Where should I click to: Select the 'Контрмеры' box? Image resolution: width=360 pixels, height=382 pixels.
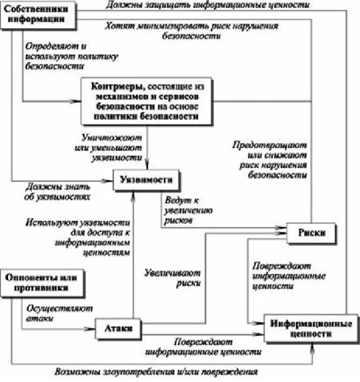tap(148, 101)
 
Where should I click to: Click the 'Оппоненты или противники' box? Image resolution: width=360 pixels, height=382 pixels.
tap(43, 283)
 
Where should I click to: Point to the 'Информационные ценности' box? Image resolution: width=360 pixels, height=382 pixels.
tap(311, 329)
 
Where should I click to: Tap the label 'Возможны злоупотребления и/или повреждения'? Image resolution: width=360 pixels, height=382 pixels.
tap(157, 372)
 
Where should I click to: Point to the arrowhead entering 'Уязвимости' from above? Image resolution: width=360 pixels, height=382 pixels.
tap(147, 166)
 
